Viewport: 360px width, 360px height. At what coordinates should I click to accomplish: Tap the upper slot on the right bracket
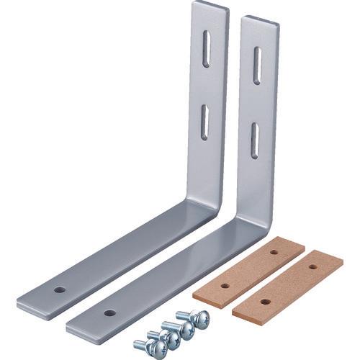[256, 66]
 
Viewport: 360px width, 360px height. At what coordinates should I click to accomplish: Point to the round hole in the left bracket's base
[60, 290]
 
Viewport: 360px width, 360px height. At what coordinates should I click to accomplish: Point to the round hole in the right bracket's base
[109, 313]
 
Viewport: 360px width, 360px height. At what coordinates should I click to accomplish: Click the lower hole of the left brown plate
[225, 286]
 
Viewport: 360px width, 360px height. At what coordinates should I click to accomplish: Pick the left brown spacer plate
[248, 271]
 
